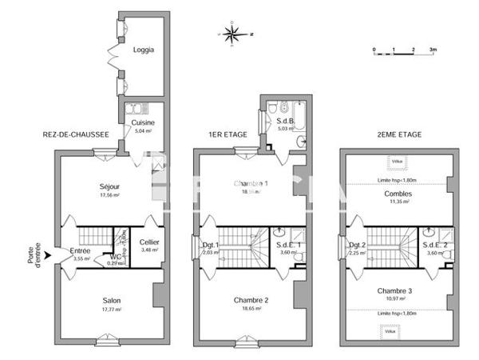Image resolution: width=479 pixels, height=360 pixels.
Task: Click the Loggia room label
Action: coord(144,50)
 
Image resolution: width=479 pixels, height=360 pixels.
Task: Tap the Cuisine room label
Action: coord(143,122)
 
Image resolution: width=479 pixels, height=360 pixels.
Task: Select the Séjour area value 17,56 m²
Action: coord(109,194)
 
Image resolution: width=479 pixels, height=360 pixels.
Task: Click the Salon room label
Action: coord(112,301)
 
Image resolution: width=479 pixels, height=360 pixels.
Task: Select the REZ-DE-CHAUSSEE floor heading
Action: coord(75,135)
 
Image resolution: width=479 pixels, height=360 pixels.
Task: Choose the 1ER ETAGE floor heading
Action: coord(229,135)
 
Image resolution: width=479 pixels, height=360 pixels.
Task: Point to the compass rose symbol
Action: coord(232,34)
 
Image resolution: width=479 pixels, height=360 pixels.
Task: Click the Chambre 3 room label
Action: coord(396,290)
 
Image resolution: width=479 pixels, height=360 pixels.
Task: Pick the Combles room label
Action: coord(397,194)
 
